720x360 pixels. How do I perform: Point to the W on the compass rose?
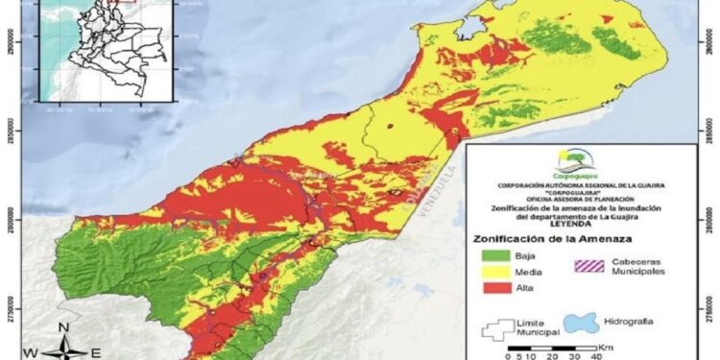click(x=30, y=352)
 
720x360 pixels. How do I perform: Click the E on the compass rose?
click(x=95, y=352)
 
